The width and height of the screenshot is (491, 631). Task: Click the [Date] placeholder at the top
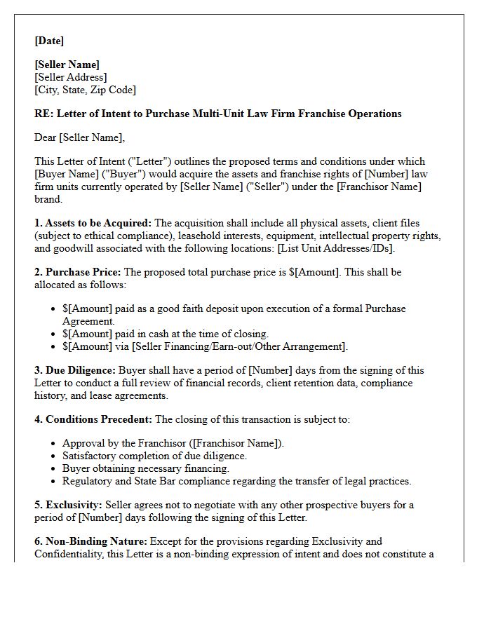(49, 41)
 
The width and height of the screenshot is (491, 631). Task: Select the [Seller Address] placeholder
(71, 77)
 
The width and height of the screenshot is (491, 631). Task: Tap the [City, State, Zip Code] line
(85, 90)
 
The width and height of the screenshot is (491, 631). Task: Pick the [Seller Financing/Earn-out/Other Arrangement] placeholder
(238, 346)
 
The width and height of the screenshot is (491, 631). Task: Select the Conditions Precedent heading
(99, 419)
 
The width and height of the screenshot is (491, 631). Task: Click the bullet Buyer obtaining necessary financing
(145, 468)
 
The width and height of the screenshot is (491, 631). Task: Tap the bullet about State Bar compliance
(236, 481)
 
